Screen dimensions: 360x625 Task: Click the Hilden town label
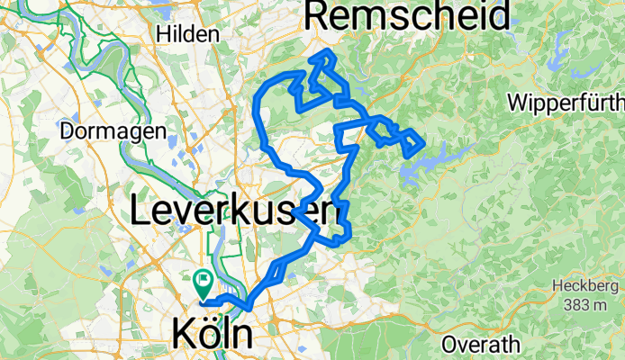click(x=188, y=34)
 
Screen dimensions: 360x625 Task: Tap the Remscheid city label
click(x=408, y=14)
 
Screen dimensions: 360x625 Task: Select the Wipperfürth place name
click(x=566, y=101)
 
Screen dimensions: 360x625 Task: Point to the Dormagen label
click(x=113, y=131)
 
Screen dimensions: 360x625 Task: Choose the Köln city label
click(x=212, y=336)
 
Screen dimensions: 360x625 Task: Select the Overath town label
click(x=481, y=344)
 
